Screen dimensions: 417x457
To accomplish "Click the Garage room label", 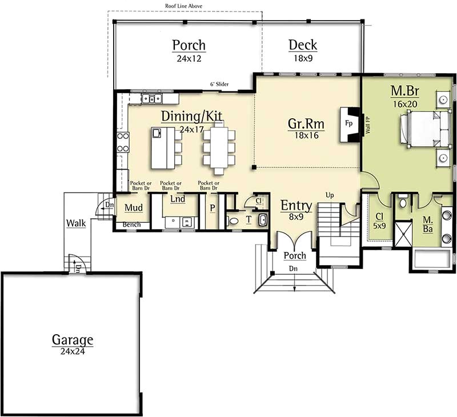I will click(x=73, y=340).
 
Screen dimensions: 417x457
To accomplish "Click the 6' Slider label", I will click(x=219, y=85).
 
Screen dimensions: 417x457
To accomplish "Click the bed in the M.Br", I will click(x=422, y=129).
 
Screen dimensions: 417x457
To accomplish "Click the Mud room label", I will click(x=133, y=207).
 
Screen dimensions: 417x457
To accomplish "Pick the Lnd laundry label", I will click(x=178, y=199).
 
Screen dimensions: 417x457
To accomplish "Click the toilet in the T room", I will click(x=234, y=220).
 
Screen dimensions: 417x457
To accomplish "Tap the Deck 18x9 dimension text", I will click(x=303, y=58).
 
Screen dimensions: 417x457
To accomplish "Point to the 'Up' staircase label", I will click(x=330, y=195).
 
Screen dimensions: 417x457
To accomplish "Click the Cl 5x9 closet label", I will click(x=380, y=220).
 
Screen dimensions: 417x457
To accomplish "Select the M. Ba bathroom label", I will click(x=427, y=224).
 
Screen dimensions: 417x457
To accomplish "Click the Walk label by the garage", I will click(x=75, y=223).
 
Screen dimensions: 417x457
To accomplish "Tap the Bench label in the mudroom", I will click(x=131, y=224).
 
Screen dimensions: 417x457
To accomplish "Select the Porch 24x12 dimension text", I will click(x=189, y=58).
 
